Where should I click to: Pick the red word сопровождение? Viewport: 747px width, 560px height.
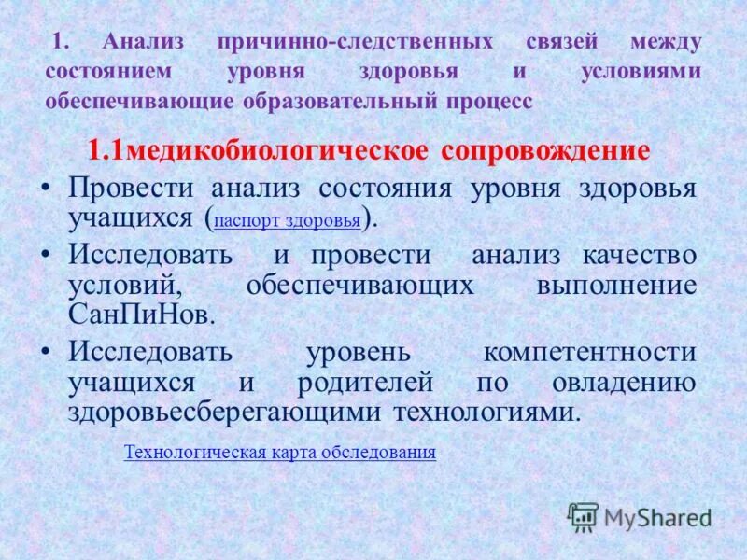[545, 151]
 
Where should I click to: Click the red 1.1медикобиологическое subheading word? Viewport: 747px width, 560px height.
[259, 151]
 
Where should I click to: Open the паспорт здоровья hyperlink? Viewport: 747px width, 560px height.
[287, 221]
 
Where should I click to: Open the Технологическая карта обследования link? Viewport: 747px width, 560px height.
[280, 453]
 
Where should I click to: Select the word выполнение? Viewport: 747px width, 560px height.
[616, 285]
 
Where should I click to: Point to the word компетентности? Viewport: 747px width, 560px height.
[590, 353]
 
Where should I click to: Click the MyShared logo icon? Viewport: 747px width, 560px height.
[584, 516]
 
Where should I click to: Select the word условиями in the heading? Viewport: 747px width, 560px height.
[650, 73]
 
